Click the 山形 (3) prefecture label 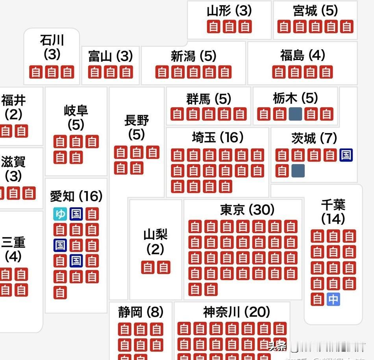(229, 11)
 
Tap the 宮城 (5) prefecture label (315, 11)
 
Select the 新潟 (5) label (193, 56)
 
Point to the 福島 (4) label (302, 55)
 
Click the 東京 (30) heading (247, 210)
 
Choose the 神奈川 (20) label (237, 312)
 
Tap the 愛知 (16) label (76, 196)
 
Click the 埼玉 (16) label (218, 137)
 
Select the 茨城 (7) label (314, 138)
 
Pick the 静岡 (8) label (141, 312)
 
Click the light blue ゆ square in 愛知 (60, 214)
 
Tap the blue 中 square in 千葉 (333, 299)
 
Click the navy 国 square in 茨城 (346, 155)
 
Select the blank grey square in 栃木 (295, 114)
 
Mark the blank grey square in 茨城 (298, 171)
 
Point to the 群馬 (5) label (209, 98)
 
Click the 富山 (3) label (110, 56)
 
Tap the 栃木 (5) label (295, 98)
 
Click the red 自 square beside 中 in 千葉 (317, 299)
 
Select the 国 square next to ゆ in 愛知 (76, 214)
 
